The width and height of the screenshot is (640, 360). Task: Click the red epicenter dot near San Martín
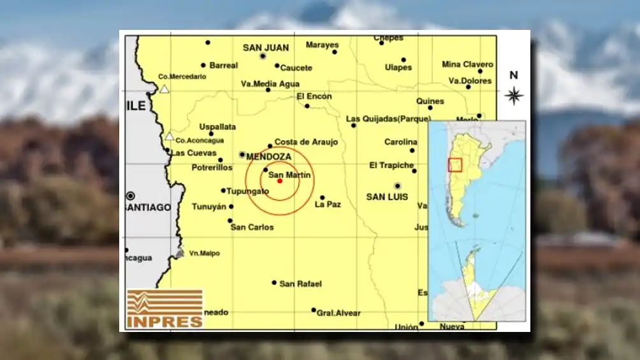280,181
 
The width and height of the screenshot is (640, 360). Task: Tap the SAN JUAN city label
266,48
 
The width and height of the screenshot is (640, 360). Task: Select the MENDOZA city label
268,156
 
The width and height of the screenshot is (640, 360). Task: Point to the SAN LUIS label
387,197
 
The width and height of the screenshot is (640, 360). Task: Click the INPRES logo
164,309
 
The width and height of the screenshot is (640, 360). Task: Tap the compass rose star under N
514,96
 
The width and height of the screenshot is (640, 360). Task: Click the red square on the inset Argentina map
455,164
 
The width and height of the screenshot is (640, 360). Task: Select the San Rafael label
300,284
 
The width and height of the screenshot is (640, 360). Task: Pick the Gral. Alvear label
338,313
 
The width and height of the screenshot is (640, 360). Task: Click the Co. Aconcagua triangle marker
170,136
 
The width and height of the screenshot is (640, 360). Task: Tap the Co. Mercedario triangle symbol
164,89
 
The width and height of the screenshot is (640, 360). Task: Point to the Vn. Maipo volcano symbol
180,253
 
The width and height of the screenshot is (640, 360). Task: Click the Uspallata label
217,127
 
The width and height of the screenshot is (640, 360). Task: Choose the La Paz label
328,205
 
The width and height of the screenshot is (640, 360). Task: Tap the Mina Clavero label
467,64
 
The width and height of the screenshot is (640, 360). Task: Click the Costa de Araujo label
306,142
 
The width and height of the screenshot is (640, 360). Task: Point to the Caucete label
296,68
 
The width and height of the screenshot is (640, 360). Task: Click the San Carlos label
252,227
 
